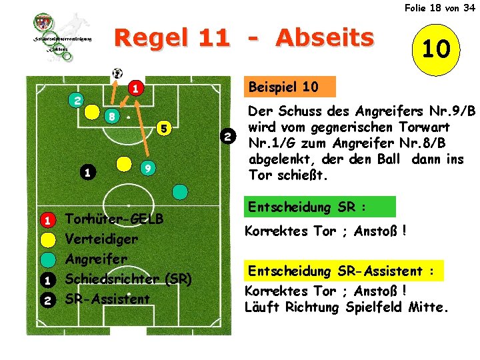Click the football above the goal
[x=118, y=73]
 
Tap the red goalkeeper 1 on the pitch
[x=134, y=88]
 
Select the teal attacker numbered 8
[x=113, y=116]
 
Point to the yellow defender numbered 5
[x=163, y=128]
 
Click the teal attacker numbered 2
[x=77, y=101]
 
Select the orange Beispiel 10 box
[x=283, y=87]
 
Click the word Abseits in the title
[x=325, y=39]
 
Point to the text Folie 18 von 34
[x=439, y=7]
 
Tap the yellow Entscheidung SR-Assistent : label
[x=344, y=271]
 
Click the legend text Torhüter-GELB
[x=113, y=219]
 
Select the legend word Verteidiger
[x=101, y=239]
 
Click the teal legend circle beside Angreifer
[x=48, y=259]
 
